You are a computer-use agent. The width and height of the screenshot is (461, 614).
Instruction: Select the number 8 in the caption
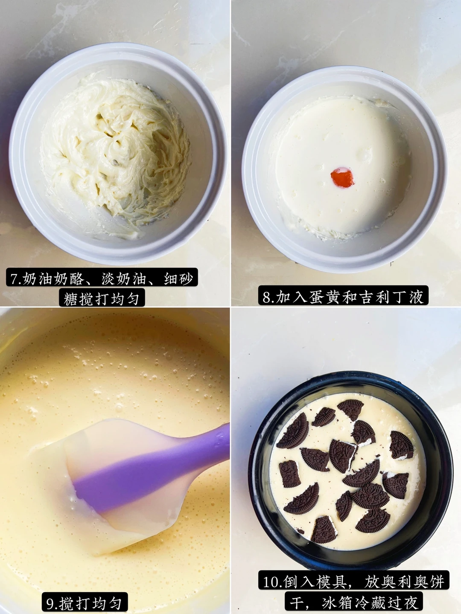pos(267,297)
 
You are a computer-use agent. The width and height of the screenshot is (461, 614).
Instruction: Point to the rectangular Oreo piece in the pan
pos(289,474)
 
